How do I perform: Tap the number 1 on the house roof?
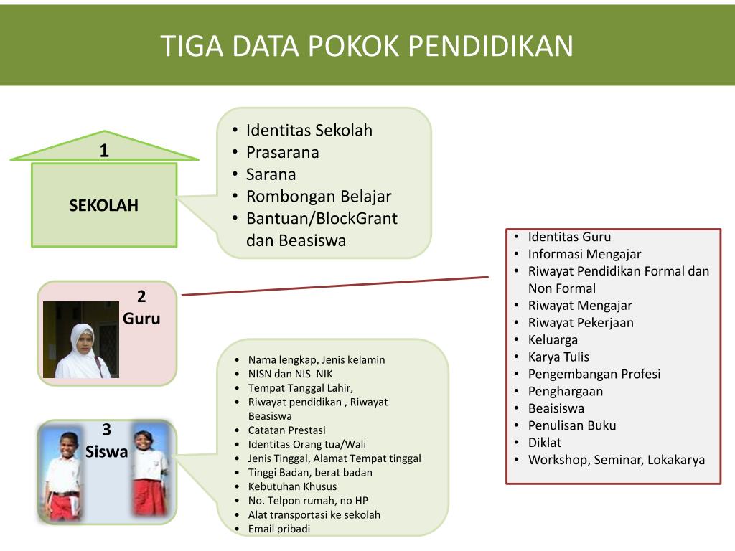(x=104, y=151)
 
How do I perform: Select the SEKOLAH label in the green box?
(x=104, y=205)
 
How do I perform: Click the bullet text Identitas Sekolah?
(x=309, y=131)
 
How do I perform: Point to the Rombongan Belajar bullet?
(x=319, y=197)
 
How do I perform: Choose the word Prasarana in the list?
(x=282, y=152)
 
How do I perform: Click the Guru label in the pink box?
(x=141, y=318)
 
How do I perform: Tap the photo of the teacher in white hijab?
(x=81, y=339)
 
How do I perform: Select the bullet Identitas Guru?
(x=569, y=237)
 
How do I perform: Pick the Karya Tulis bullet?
(x=558, y=357)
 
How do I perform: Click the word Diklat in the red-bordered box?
(x=545, y=443)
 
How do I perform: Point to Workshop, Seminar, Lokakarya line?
(x=617, y=460)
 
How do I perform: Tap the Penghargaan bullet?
(x=566, y=391)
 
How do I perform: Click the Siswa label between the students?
(x=106, y=452)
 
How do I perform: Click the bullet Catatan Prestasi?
(x=286, y=430)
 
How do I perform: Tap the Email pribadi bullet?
(x=279, y=529)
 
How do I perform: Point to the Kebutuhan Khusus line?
(x=292, y=486)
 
